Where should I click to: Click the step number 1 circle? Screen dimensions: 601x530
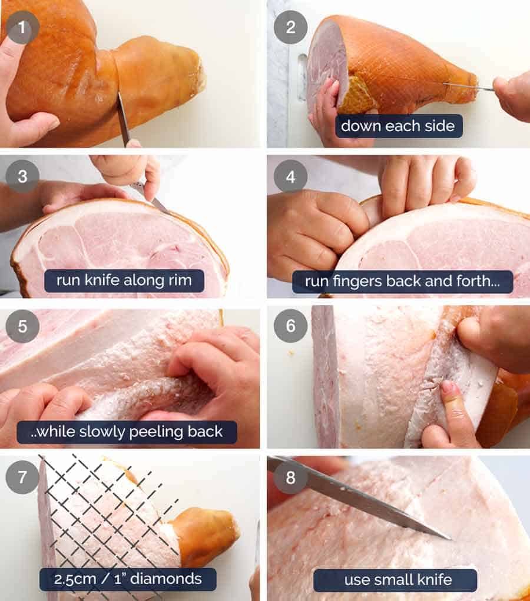22,27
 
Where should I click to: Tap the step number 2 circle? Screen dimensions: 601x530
290,27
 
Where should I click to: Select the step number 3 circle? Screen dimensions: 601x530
22,176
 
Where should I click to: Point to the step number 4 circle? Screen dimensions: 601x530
290,176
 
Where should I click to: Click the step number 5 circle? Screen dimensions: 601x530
22,326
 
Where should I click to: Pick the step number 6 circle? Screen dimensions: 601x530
290,326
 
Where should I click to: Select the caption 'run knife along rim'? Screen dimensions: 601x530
124,280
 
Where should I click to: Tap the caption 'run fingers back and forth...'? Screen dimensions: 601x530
402,281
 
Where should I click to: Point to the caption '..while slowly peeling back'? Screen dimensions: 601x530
127,432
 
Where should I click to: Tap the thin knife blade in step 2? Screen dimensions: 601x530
468,87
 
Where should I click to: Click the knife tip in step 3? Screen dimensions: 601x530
160,206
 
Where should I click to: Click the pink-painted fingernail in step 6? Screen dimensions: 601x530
449,388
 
